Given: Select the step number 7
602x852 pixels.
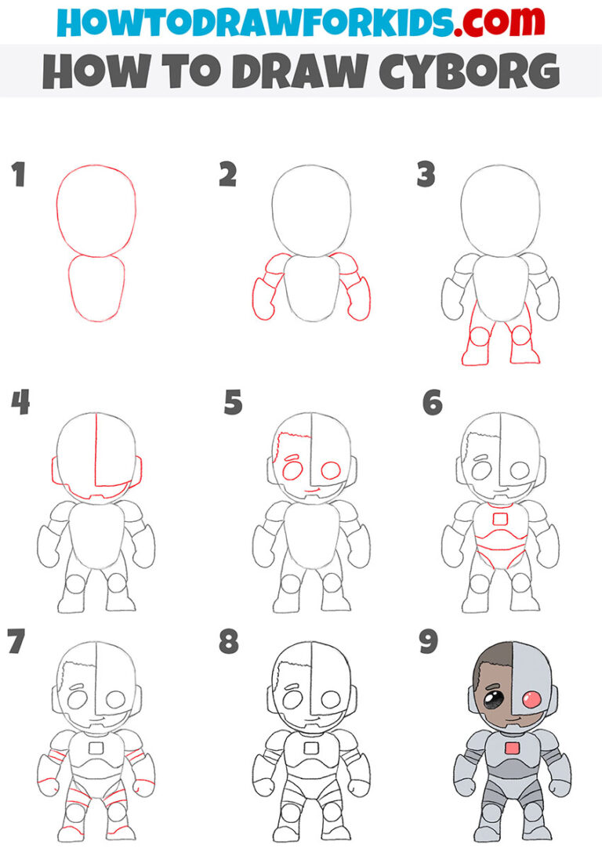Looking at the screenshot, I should pos(16,641).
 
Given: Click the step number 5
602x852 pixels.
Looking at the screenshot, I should pos(233,403).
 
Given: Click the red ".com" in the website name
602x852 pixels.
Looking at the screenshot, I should pos(483,21).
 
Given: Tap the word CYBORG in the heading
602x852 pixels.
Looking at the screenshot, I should pos(479,71).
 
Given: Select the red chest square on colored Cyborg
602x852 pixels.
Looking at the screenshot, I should pos(513,749).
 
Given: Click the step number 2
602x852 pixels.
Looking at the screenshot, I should pos(227,176).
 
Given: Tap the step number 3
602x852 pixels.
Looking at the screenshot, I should pos(426,176).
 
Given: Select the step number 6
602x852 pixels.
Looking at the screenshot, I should pos(432,403).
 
